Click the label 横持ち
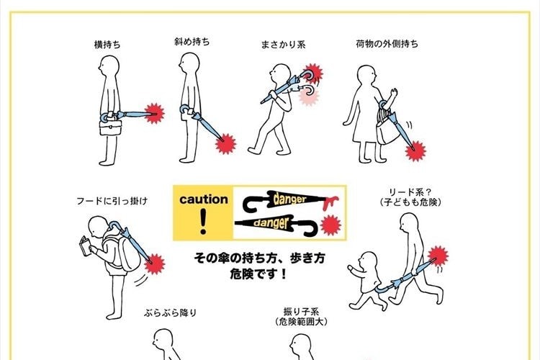[107, 45]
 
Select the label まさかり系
[283, 45]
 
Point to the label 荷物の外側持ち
[387, 43]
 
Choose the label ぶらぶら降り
[171, 313]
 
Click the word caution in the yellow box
[204, 199]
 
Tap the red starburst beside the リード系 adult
[436, 255]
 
